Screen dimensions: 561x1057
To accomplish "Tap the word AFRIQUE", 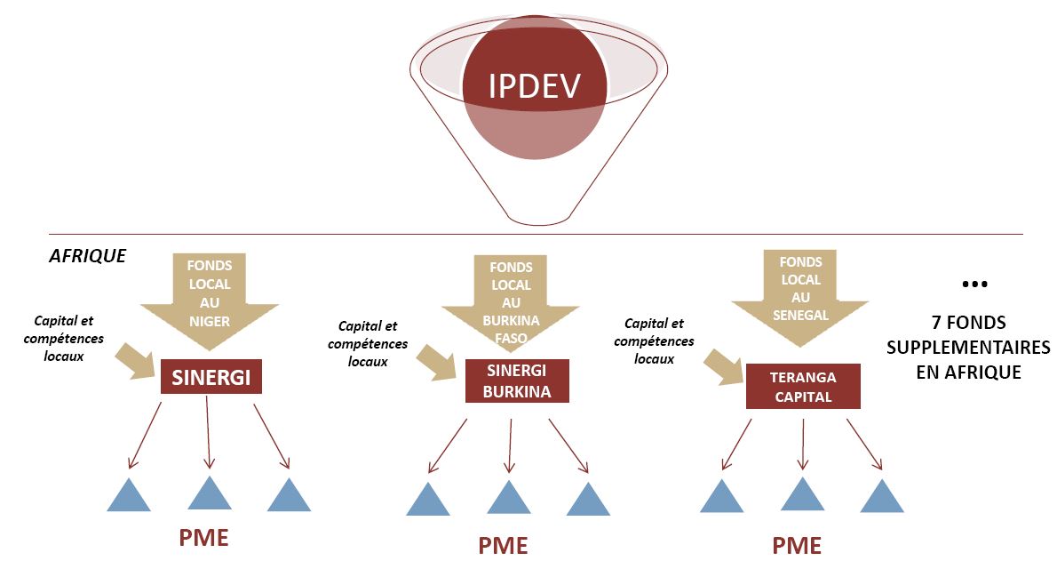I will [87, 256].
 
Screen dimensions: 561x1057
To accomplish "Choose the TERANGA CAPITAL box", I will [803, 387].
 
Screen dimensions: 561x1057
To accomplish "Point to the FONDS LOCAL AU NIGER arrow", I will [209, 293].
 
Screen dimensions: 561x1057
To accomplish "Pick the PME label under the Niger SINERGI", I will [204, 538].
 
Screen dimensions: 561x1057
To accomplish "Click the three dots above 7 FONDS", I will [974, 285].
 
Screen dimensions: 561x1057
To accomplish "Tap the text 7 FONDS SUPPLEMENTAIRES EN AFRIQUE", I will [968, 348].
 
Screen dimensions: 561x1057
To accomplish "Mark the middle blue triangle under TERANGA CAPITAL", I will [803, 494].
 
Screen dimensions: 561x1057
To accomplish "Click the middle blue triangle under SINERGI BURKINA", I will [509, 498].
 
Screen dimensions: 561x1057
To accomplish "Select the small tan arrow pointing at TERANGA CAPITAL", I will [721, 367].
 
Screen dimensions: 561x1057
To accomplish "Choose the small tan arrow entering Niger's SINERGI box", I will [135, 361].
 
